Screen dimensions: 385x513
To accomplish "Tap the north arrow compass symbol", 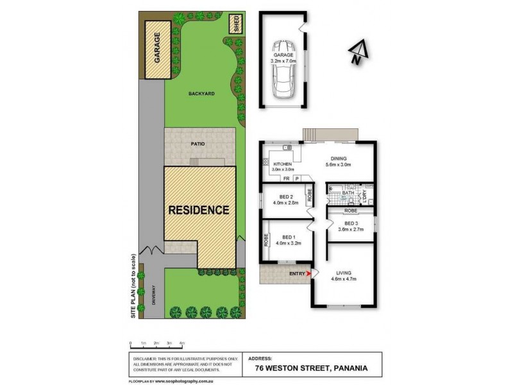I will tap(360, 52).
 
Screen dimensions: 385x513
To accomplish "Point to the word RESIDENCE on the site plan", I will tap(198, 210).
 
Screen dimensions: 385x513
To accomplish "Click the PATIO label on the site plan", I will tap(198, 144).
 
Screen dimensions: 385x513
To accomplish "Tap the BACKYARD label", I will tap(201, 94).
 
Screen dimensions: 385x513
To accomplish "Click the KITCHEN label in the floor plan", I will tap(283, 164).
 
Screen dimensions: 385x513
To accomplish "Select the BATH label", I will tap(348, 192).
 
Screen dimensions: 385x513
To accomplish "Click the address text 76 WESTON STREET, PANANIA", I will tap(310, 368).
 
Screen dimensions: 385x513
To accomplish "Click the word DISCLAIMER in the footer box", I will tap(146, 359).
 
